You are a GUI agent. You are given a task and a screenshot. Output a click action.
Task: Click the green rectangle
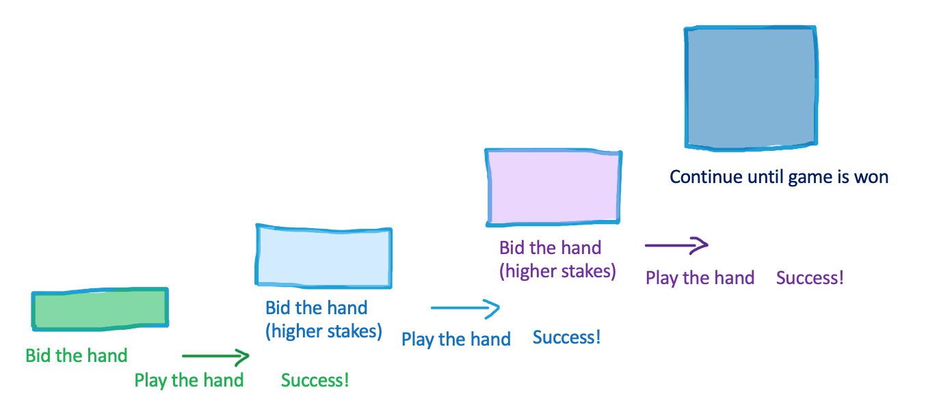[x=100, y=309]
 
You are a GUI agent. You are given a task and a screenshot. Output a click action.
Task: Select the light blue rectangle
[x=323, y=256]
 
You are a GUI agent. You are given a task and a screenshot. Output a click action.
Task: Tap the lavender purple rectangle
[x=553, y=187]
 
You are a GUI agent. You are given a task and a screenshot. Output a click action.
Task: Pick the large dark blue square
[x=751, y=87]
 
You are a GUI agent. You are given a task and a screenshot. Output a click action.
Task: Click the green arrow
[x=215, y=356]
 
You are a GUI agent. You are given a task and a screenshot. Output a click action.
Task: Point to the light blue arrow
[x=465, y=308]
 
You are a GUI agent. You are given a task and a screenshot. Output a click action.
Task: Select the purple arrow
[x=677, y=245]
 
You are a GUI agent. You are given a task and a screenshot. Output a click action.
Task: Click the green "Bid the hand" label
[x=77, y=356]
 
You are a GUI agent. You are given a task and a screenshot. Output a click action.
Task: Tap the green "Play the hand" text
[x=189, y=380]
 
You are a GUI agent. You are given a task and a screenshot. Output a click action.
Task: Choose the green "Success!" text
[x=315, y=380]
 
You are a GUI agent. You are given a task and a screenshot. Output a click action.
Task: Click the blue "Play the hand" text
[x=456, y=339]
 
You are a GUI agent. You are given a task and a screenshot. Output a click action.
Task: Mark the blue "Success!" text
[x=566, y=337]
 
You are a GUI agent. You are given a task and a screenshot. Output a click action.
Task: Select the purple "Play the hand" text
[x=700, y=278]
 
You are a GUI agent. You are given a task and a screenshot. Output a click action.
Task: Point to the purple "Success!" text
[x=810, y=277]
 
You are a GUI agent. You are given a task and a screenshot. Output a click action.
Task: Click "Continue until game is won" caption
[x=779, y=177]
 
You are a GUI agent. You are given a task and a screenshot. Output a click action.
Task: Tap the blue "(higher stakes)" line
[x=323, y=331]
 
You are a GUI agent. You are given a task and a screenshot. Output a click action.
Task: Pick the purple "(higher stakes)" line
[x=557, y=271]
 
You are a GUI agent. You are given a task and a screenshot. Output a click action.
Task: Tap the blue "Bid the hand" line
[x=316, y=308]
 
